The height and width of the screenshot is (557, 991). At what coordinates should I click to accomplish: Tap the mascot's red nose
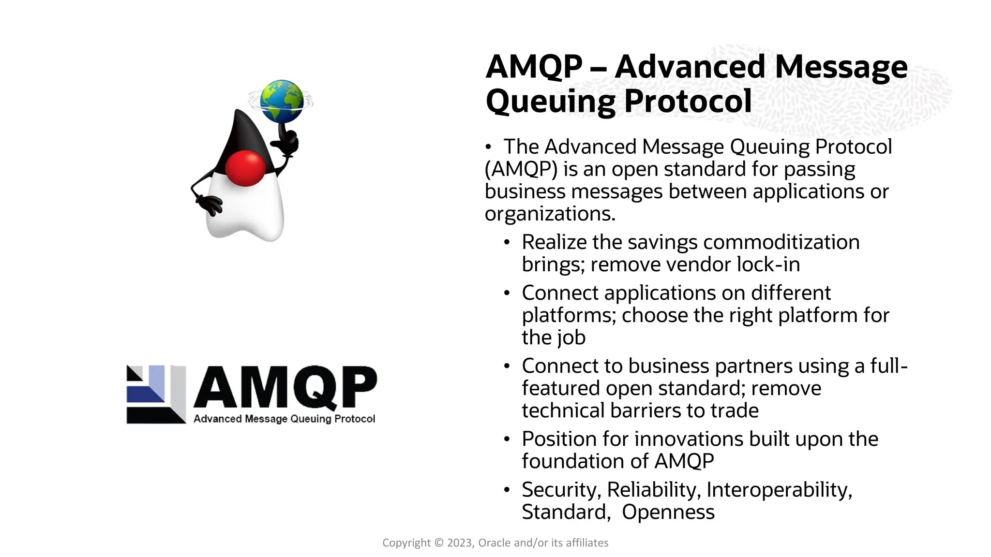point(246,168)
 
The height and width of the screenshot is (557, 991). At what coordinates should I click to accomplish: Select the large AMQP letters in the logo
point(285,387)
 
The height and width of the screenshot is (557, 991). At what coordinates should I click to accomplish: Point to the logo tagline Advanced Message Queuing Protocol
point(284,419)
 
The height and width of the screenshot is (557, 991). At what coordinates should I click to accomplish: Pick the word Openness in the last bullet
point(668,512)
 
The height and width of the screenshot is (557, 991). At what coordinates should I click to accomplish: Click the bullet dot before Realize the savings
point(507,242)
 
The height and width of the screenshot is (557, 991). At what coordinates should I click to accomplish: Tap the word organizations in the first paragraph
point(549,214)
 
